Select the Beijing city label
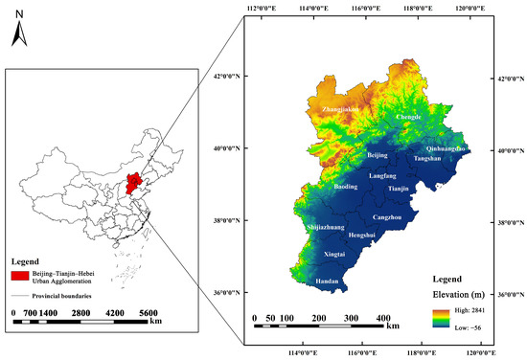click(379, 154)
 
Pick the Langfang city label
click(382, 177)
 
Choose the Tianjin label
click(398, 190)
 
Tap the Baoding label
click(347, 188)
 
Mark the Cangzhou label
click(386, 218)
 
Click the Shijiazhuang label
click(329, 227)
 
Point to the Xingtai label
click(335, 256)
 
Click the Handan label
click(328, 281)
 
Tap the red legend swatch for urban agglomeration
click(24, 276)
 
